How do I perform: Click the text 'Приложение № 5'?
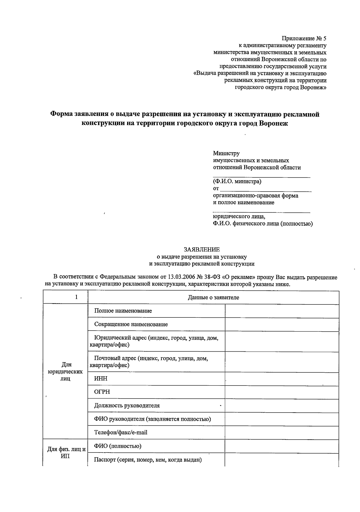(304, 38)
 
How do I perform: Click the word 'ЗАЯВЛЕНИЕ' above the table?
(202, 250)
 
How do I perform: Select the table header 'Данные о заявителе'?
(213, 297)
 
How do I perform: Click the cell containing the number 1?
(76, 297)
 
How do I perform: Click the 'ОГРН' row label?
(102, 392)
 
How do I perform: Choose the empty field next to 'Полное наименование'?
(282, 311)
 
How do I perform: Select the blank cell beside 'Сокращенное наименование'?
(282, 324)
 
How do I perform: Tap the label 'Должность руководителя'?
(127, 405)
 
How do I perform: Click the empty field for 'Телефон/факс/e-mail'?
(282, 432)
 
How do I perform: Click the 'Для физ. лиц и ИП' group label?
(67, 453)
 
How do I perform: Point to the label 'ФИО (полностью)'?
(118, 446)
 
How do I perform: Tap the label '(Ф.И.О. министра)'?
(237, 181)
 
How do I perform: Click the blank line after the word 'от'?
(265, 189)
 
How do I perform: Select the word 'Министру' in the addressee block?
(226, 154)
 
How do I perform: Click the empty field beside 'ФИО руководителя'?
(282, 419)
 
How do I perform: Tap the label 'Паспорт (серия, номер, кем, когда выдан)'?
(148, 460)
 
